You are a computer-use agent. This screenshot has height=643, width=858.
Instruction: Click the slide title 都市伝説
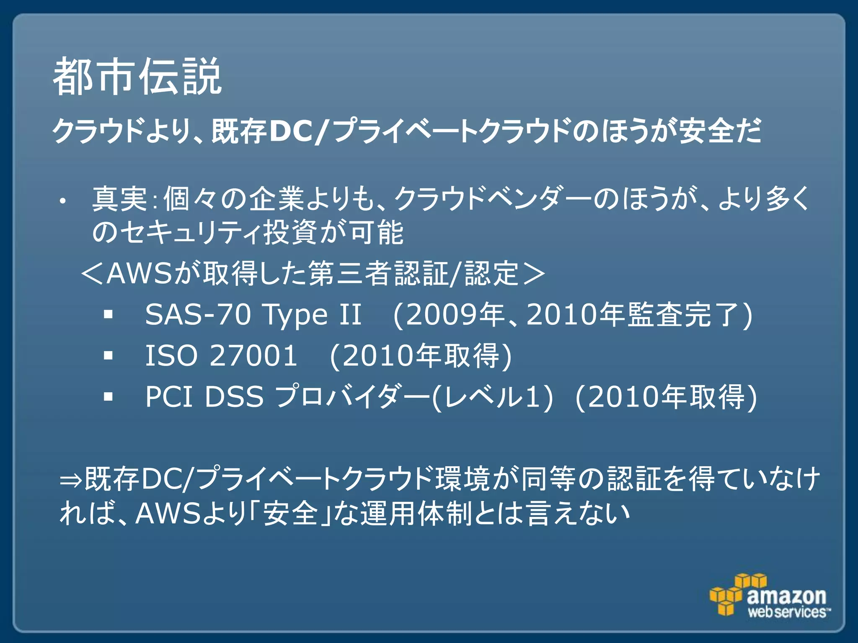(137, 77)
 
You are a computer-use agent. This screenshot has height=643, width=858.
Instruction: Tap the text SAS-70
(198, 314)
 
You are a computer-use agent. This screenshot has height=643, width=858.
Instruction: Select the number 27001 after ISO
(253, 356)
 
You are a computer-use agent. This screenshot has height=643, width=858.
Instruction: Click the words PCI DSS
(204, 396)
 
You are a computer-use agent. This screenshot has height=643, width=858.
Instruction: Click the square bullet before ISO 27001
(109, 356)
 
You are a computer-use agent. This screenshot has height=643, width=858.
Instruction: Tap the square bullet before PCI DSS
(109, 396)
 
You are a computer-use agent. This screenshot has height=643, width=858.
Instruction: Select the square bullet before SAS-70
(109, 314)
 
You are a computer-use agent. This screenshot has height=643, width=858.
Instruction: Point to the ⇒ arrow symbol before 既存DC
(71, 480)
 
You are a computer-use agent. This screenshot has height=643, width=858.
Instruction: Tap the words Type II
(312, 314)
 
